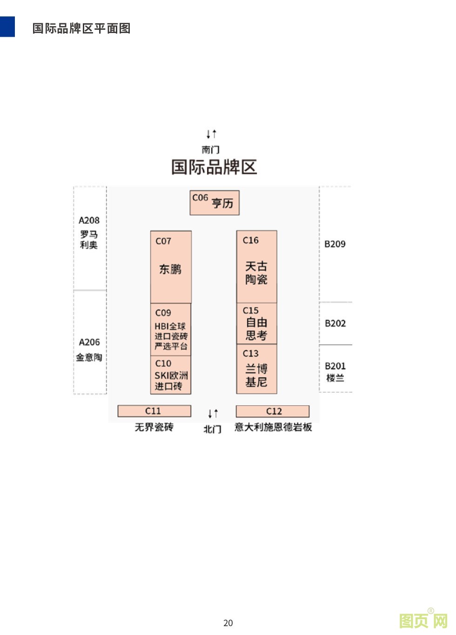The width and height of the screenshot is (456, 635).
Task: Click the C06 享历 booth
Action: click(x=215, y=203)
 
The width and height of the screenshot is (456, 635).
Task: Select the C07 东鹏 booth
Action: click(x=171, y=267)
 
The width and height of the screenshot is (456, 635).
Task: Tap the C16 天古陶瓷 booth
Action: click(x=256, y=267)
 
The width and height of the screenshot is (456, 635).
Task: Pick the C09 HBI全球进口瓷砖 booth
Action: click(x=171, y=330)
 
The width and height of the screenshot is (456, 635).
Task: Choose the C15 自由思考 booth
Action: click(x=256, y=323)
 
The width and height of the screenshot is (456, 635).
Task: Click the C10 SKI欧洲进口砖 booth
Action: click(x=171, y=375)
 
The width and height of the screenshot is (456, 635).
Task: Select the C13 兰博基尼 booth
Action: click(x=256, y=369)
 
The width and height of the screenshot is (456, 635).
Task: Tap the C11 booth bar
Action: click(x=154, y=411)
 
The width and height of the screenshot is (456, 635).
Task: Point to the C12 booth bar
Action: click(x=273, y=411)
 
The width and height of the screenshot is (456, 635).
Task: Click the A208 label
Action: click(x=89, y=221)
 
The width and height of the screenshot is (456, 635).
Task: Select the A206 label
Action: click(x=89, y=342)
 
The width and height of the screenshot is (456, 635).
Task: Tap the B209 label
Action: click(x=335, y=244)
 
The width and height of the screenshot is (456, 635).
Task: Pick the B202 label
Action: click(x=335, y=323)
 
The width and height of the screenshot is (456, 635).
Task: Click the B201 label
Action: click(x=335, y=366)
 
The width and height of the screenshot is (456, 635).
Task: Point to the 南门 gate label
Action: click(x=211, y=150)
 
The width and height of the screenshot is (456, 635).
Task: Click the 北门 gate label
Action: click(x=213, y=429)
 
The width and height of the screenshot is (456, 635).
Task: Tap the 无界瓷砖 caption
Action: click(x=154, y=427)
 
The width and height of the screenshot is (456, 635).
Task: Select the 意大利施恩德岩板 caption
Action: click(x=273, y=427)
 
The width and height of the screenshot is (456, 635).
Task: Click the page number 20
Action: click(x=228, y=623)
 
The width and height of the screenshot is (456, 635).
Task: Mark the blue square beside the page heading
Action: click(x=7, y=27)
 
